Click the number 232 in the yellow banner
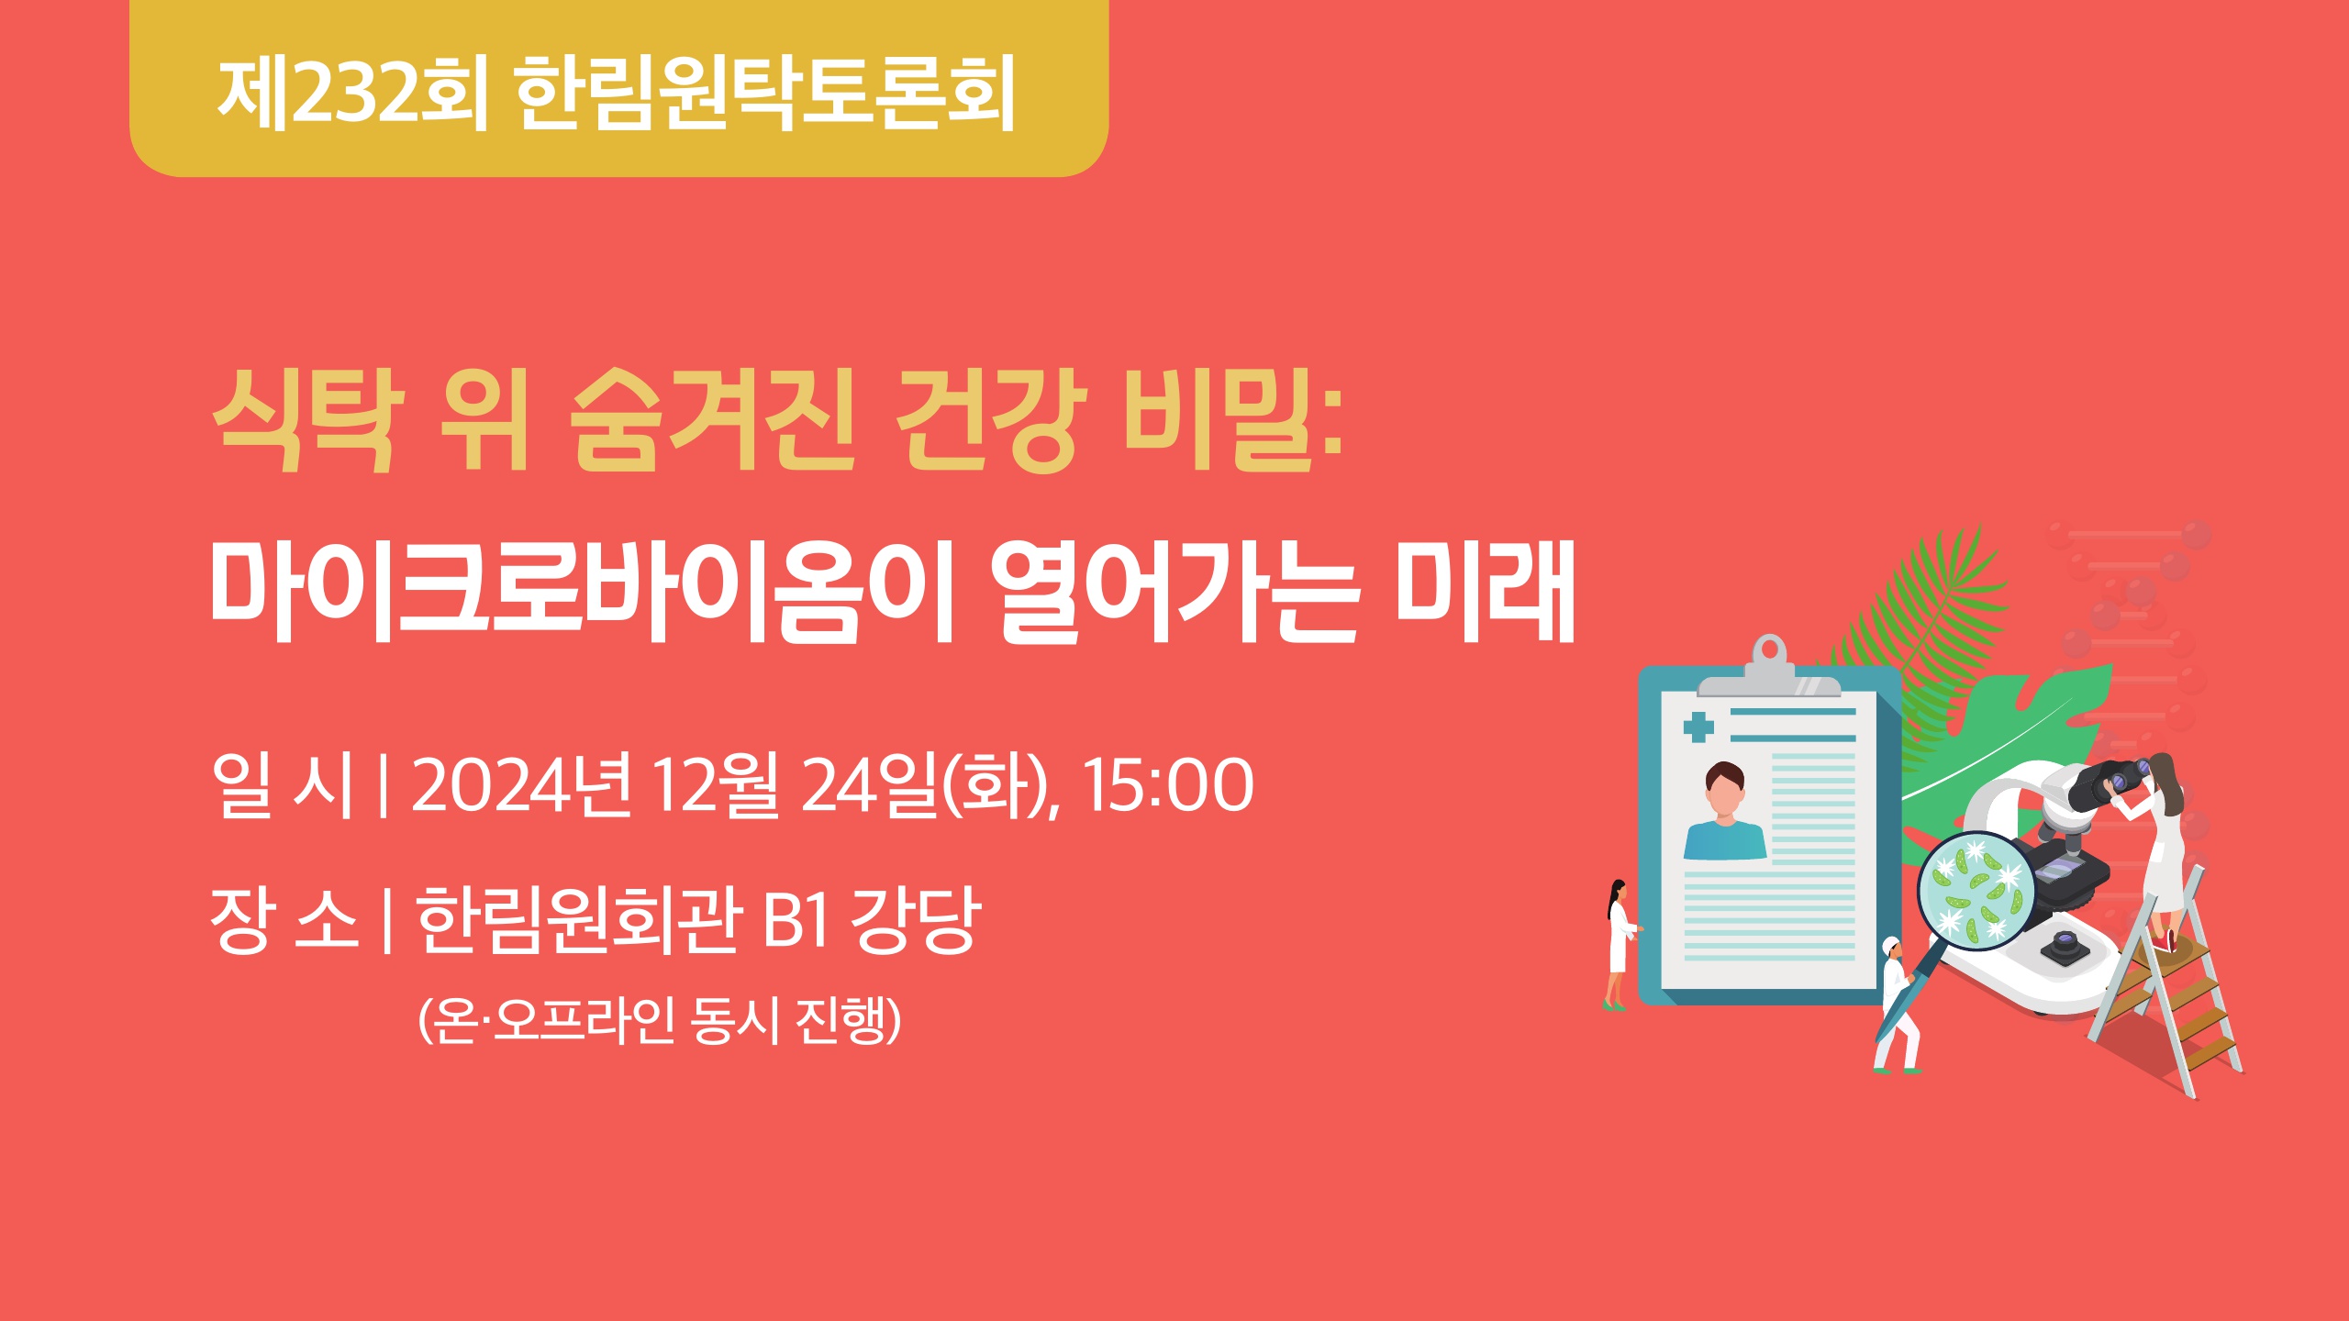coord(354,93)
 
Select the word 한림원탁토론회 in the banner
coord(765,92)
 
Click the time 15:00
coord(1168,784)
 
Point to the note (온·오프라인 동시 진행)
coord(659,1019)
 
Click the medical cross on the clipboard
coord(1698,727)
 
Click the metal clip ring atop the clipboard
coord(1769,652)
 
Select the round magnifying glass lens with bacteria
coord(1976,890)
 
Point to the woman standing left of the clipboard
coord(1619,945)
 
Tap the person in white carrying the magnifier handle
coord(1896,1005)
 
